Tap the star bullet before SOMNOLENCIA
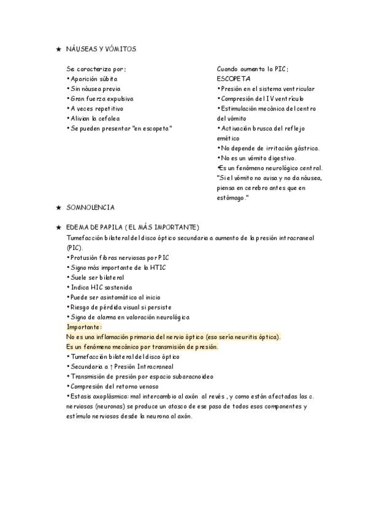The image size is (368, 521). tap(58, 208)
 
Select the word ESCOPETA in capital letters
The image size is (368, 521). tap(233, 79)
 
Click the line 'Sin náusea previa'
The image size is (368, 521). tap(94, 89)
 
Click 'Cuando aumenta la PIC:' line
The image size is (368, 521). tap(253, 69)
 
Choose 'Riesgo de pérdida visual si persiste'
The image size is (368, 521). tap(119, 307)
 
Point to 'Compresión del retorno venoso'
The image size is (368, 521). tap(115, 386)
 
